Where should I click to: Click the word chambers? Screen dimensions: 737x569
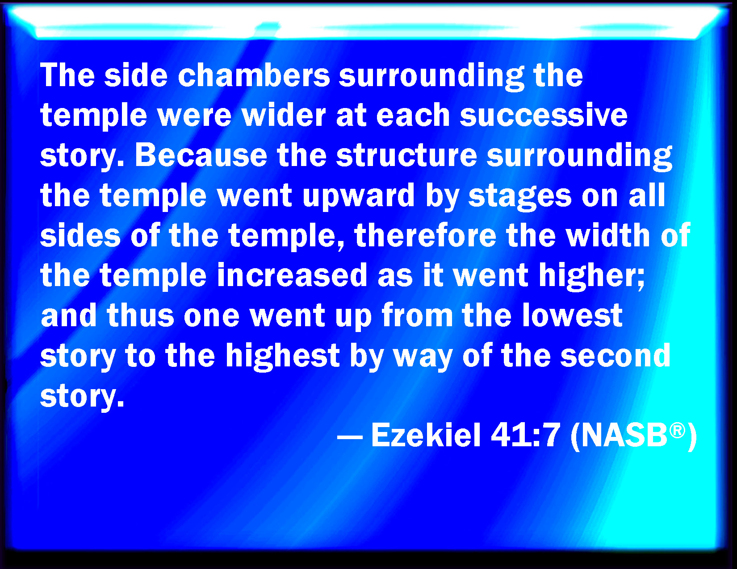click(254, 75)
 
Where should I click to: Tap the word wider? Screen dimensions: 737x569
click(284, 115)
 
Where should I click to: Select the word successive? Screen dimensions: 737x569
click(544, 115)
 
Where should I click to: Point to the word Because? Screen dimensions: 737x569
click(201, 155)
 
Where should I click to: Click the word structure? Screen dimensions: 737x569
click(406, 155)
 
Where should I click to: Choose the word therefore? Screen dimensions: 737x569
click(425, 235)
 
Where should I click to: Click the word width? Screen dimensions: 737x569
click(608, 235)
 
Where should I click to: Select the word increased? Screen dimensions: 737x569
click(292, 275)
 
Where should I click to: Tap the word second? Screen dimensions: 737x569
click(616, 355)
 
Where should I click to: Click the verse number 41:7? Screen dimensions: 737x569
click(525, 435)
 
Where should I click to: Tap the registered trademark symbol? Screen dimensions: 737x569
click(677, 430)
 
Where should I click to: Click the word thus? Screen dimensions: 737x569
click(140, 315)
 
